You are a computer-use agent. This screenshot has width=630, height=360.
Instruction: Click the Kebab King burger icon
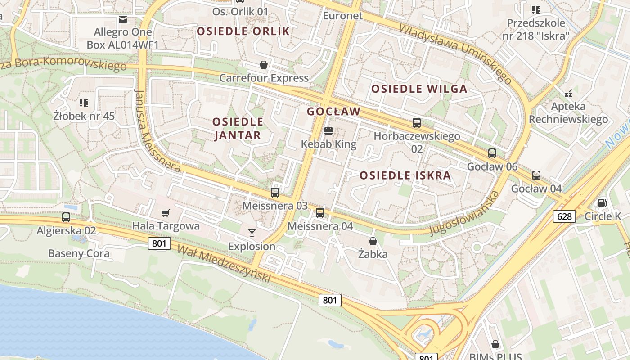coord(328,131)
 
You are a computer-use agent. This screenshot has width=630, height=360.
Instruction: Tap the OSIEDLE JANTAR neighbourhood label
coord(238,128)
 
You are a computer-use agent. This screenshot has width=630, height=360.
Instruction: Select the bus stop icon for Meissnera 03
coord(275,193)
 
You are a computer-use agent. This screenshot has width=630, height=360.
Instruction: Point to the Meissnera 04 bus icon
coord(320,213)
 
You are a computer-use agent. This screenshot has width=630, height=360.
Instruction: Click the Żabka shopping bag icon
coord(373,241)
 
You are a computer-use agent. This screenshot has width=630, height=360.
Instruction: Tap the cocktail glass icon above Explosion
coord(252,233)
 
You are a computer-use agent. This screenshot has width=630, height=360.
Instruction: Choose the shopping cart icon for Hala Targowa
coord(166,213)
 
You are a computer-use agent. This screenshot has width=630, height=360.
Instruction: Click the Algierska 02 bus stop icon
coord(66,217)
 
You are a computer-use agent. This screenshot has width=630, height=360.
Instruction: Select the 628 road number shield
coord(564,216)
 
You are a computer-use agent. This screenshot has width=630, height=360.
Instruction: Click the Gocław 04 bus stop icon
coord(536,175)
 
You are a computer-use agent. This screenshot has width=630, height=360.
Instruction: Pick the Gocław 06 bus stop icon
coord(492,153)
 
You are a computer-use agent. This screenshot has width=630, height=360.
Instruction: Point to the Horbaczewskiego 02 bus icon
coord(417,123)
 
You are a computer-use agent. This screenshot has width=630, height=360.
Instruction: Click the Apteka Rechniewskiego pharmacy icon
coord(568,94)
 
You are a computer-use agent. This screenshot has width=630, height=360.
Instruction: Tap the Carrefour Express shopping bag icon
coord(264,65)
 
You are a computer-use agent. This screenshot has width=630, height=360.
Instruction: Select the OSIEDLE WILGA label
coord(419,89)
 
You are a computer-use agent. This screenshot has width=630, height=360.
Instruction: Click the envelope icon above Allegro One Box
coord(122,19)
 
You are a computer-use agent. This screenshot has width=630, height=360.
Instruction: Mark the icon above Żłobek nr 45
coord(84,103)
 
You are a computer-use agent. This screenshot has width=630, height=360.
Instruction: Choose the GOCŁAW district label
coord(334,111)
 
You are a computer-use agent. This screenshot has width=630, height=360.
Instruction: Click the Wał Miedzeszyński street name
coord(224,264)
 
